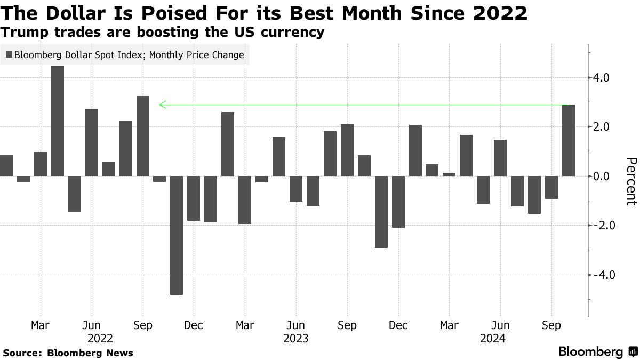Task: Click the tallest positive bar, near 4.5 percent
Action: coord(58,121)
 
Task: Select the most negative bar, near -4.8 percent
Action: coord(177,235)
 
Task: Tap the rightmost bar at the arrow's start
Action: coord(569,140)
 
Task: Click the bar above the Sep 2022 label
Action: coord(143,136)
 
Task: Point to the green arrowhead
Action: coord(162,105)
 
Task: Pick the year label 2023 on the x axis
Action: coord(295,338)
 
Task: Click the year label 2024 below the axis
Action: coord(493,338)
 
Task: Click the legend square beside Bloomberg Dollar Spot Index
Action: coord(9,54)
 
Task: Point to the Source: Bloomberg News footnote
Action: coord(68,353)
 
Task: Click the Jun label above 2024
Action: coord(500,325)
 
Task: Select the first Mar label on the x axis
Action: coord(41,325)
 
